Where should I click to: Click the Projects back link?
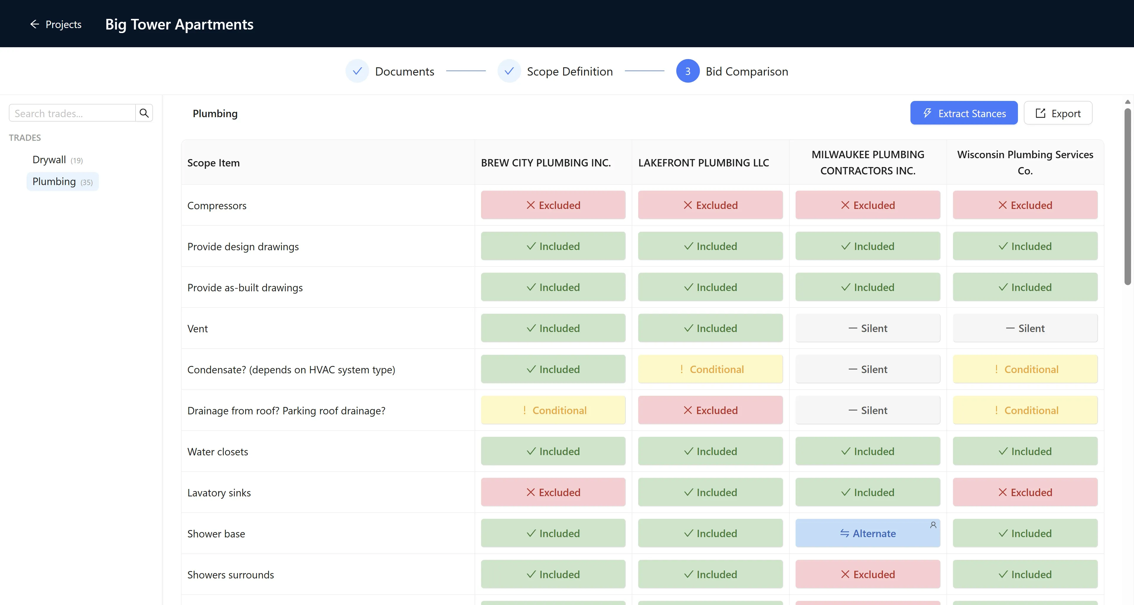click(x=56, y=24)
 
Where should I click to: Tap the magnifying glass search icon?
click(x=144, y=113)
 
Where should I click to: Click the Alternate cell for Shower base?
click(x=868, y=533)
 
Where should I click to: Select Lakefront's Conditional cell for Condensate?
click(x=711, y=369)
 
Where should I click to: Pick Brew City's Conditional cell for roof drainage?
click(x=553, y=410)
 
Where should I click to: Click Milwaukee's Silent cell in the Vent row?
click(x=868, y=328)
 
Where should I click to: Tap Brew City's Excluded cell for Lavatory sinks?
click(x=553, y=492)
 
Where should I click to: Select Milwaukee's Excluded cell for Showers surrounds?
click(x=868, y=574)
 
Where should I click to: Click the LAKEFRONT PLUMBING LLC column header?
click(x=703, y=163)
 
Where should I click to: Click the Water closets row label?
click(x=217, y=452)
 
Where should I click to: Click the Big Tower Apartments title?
click(x=179, y=24)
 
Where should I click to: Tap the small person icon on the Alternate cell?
click(x=933, y=525)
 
